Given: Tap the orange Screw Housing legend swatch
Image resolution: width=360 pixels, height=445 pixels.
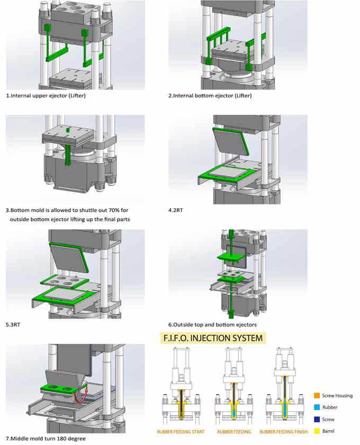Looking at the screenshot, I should click(316, 396).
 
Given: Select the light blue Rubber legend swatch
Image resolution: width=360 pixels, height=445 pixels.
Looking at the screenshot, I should click(316, 407).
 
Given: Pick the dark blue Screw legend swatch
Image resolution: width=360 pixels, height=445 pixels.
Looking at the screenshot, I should click(316, 420).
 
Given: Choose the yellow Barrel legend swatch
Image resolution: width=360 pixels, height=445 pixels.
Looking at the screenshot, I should click(316, 431).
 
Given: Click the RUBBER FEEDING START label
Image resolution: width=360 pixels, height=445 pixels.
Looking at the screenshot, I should click(181, 432).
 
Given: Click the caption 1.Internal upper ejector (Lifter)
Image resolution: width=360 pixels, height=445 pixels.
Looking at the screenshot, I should click(46, 96).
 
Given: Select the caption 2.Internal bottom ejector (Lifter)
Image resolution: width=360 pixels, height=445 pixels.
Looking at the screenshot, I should click(210, 96).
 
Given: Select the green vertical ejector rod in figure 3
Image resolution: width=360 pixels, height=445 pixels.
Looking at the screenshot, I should click(68, 154).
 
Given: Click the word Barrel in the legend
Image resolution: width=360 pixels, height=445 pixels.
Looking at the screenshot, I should click(329, 431).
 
